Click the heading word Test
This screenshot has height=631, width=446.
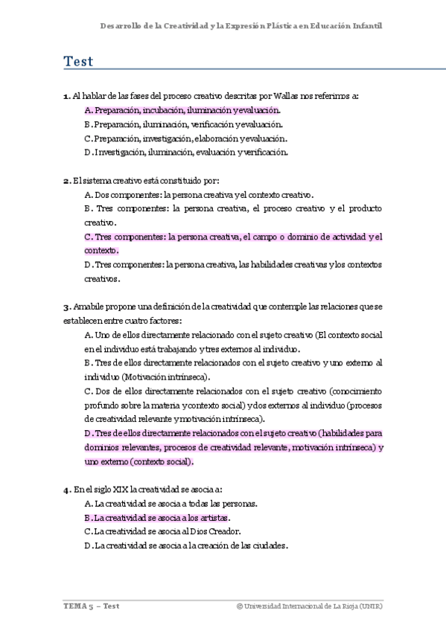[x=78, y=62]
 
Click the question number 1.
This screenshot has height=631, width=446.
[x=66, y=96]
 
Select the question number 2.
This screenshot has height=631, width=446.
[x=66, y=180]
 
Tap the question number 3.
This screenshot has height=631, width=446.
[x=66, y=307]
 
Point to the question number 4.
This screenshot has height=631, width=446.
[x=66, y=490]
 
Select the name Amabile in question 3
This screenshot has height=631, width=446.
[x=89, y=307]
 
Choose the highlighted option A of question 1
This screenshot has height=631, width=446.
[x=182, y=110]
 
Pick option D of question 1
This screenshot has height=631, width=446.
[x=186, y=153]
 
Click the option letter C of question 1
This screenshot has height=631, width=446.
[x=88, y=138]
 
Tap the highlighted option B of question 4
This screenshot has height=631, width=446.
[x=158, y=518]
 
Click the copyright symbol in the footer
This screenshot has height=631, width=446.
[x=239, y=606]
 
